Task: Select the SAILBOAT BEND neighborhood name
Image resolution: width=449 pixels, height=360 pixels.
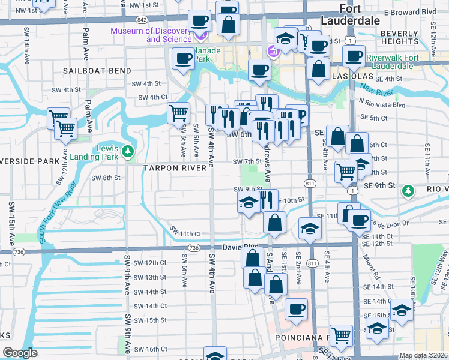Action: coord(97,71)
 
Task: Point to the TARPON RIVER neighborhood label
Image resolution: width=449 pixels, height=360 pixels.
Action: coord(175,169)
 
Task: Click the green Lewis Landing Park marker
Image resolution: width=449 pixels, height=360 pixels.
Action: coord(127,152)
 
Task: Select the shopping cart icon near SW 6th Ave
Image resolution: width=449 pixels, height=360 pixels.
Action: coord(178,113)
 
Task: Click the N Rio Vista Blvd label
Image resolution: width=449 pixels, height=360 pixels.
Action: coord(381,104)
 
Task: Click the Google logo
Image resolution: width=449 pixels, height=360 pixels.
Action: coord(20,353)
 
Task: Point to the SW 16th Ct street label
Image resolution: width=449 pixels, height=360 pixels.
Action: coord(149,349)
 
